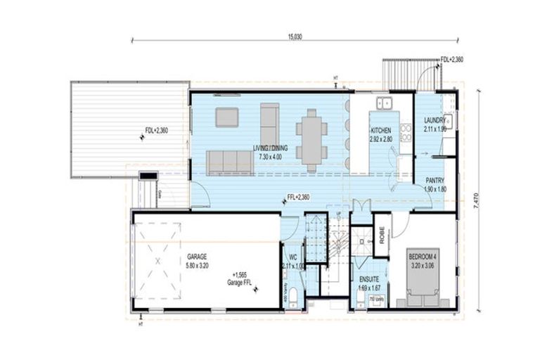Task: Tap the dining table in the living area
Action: (311, 138)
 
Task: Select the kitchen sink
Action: (384, 104)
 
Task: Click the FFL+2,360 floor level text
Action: (299, 198)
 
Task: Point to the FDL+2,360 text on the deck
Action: (157, 130)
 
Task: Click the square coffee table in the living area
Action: (227, 117)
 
